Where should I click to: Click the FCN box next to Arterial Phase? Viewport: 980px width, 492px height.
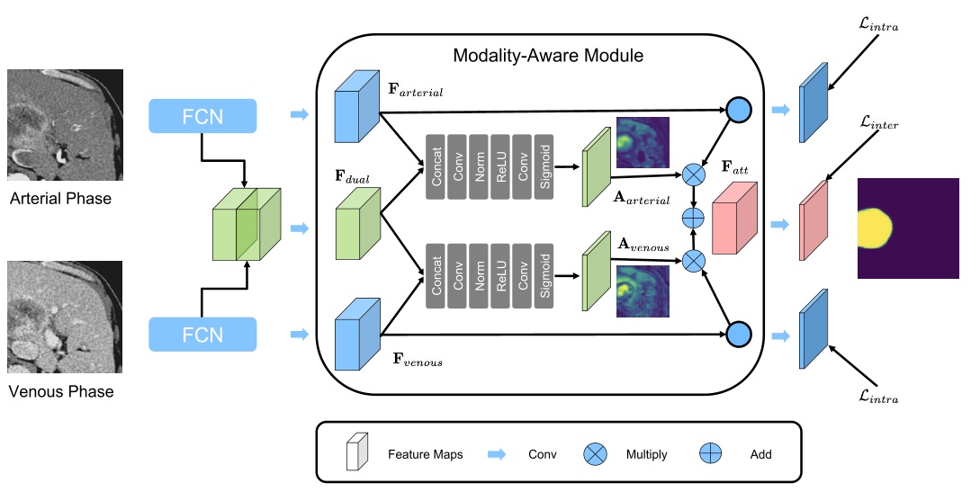(x=202, y=115)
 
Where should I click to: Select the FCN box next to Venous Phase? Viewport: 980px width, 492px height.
(x=202, y=335)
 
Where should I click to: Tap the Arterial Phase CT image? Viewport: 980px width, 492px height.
(x=64, y=126)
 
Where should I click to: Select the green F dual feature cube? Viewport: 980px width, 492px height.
(x=356, y=225)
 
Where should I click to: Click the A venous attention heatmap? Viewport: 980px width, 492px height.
(x=643, y=291)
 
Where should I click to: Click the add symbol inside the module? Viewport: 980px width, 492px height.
(x=694, y=218)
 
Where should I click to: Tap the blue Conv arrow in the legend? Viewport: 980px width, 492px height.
(x=498, y=454)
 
